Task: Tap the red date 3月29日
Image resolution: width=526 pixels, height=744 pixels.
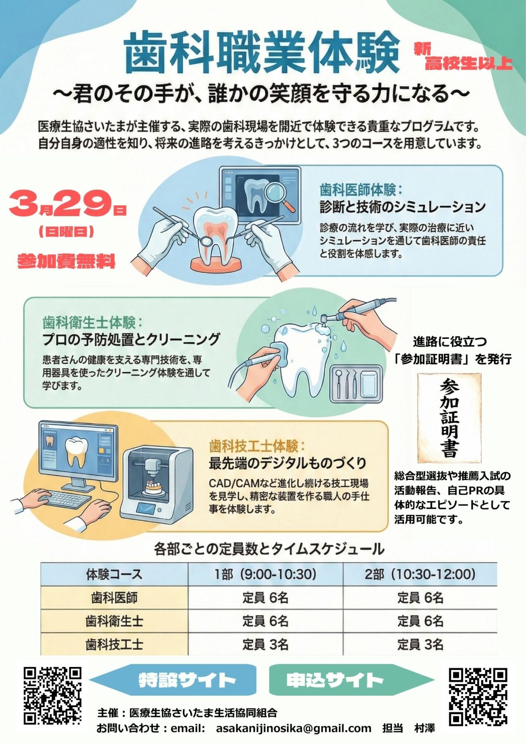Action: point(67,204)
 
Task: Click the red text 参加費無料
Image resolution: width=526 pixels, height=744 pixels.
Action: point(67,261)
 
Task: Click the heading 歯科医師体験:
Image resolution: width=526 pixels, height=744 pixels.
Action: point(361,190)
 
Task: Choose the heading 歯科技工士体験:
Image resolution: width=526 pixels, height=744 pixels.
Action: point(257,446)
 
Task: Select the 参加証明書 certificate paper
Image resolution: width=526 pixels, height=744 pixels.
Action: point(449,418)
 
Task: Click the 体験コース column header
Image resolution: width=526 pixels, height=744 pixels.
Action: point(114,574)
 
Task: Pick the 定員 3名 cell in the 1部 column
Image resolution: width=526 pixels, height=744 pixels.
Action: point(265,644)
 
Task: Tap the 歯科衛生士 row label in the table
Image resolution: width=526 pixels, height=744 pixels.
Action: point(114,621)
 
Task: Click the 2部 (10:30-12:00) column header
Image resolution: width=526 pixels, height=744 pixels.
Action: point(420,574)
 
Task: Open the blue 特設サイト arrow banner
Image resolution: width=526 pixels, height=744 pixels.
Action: point(174,680)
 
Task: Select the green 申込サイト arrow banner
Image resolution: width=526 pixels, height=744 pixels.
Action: point(351,680)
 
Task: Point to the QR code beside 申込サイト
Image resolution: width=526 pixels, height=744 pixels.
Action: point(478,697)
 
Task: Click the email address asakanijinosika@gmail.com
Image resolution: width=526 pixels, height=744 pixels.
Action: point(293,728)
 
